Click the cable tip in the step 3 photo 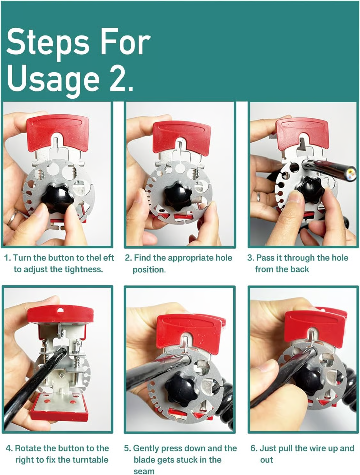[351, 173]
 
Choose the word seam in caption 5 [144, 471]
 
